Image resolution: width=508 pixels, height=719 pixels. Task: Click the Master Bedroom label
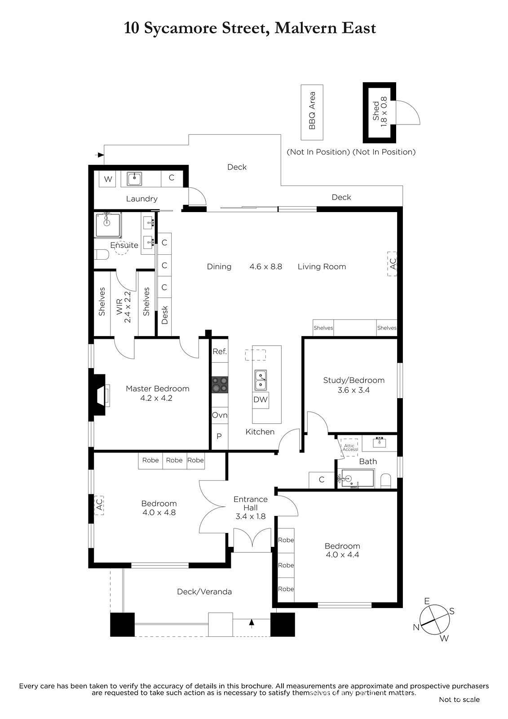point(157,388)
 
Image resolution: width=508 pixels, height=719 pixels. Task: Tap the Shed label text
point(376,111)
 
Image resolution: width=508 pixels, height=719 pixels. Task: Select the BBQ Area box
point(312,112)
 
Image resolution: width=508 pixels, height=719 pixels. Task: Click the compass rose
point(435,620)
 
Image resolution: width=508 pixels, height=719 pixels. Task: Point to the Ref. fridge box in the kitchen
point(220,351)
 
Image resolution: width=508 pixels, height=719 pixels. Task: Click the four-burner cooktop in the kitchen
point(220,385)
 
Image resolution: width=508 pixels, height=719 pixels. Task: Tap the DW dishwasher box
point(260,400)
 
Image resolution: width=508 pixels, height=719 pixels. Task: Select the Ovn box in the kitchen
point(220,415)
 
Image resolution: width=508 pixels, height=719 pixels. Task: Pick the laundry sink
point(134,179)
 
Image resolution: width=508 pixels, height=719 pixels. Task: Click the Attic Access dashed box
point(349,447)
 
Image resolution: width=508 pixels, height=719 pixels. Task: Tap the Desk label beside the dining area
point(165,315)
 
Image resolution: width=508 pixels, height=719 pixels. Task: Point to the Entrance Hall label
point(251,503)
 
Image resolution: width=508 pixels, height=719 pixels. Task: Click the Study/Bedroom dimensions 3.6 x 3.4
point(353,391)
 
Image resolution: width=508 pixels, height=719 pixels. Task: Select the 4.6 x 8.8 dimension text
point(266,267)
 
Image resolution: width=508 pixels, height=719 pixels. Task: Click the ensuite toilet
point(102,254)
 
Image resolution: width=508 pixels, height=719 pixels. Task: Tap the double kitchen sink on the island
point(261,380)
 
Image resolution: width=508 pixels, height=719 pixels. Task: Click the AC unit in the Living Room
point(392,264)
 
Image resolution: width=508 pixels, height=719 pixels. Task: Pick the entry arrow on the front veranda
point(252,623)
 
